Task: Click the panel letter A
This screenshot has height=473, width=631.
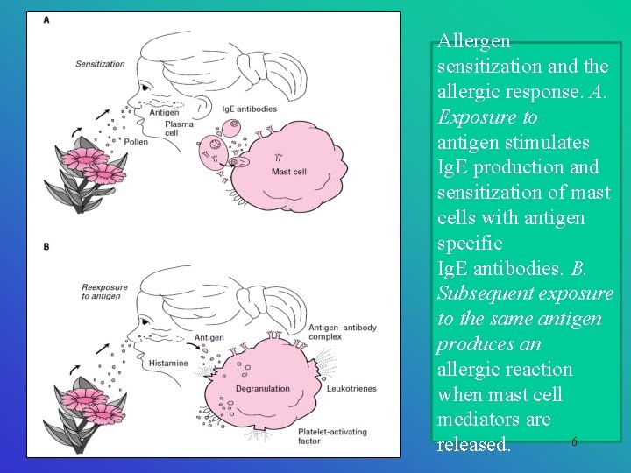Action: pyautogui.click(x=46, y=20)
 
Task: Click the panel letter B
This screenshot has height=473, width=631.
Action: pyautogui.click(x=46, y=246)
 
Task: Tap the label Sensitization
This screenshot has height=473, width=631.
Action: pyautogui.click(x=100, y=64)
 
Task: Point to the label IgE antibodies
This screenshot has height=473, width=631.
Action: pyautogui.click(x=250, y=109)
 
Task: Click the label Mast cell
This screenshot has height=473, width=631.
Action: pyautogui.click(x=288, y=173)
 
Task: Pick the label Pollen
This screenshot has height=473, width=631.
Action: pyautogui.click(x=135, y=141)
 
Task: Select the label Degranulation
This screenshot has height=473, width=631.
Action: pyautogui.click(x=262, y=389)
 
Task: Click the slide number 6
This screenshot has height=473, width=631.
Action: pyautogui.click(x=574, y=442)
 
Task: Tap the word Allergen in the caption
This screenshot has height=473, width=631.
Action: pyautogui.click(x=474, y=40)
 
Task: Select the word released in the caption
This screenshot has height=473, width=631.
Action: pyautogui.click(x=473, y=445)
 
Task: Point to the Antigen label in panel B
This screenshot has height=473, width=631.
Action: pyautogui.click(x=209, y=337)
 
